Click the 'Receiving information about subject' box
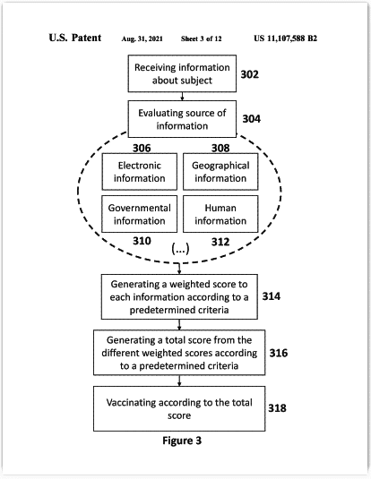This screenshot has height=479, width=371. coord(182,73)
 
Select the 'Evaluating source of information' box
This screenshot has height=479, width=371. coord(182,119)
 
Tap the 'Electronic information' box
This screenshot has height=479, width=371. coord(140,172)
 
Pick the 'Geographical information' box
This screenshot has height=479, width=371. coord(220,172)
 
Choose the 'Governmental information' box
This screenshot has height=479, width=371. coord(140,214)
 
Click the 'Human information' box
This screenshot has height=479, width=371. coord(220,214)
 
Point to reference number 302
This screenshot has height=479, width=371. coord(250,74)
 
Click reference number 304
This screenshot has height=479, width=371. coord(252,118)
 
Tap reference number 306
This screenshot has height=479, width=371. coord(142,148)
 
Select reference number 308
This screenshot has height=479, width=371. coord(220,148)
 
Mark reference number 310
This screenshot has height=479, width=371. coord(142,241)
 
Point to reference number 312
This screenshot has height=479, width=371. coord(220,242)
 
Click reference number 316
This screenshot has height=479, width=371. coord(279,353)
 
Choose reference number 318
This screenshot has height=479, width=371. coord(277,408)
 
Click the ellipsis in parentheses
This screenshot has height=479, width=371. coord(180,249)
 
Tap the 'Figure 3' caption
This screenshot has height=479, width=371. coord(182,441)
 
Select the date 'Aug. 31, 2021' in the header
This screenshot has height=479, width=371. coord(142,38)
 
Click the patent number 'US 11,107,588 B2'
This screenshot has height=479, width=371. coord(285,38)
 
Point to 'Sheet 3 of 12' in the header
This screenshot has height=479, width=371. coord(202,38)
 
